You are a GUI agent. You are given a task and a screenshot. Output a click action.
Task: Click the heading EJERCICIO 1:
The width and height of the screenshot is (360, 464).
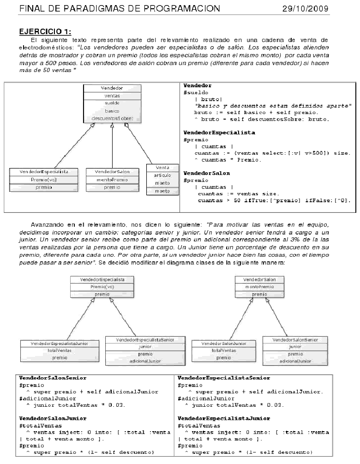pyautogui.click(x=45, y=31)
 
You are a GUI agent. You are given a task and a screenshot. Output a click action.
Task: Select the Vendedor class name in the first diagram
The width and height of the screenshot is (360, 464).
pyautogui.click(x=112, y=88)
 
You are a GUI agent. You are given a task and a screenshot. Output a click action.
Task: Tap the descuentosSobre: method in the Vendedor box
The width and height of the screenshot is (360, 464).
pyautogui.click(x=112, y=119)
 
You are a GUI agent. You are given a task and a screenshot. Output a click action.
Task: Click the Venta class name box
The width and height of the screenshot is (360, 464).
pyautogui.click(x=162, y=167)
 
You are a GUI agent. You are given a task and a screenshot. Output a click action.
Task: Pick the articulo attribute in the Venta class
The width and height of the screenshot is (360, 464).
pyautogui.click(x=162, y=175)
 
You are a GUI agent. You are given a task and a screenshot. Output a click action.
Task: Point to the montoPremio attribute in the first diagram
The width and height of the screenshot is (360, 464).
pyautogui.click(x=112, y=180)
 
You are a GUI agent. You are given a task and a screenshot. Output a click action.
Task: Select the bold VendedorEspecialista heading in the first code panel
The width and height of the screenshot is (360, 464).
pyautogui.click(x=219, y=133)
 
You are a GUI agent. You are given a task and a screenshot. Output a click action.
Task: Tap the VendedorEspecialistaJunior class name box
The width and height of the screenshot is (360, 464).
pyautogui.click(x=59, y=344)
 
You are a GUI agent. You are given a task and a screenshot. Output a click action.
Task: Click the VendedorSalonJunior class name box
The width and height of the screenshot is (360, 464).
pyautogui.click(x=224, y=344)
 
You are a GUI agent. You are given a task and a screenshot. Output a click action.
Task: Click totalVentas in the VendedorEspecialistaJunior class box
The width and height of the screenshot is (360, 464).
pyautogui.click(x=59, y=351)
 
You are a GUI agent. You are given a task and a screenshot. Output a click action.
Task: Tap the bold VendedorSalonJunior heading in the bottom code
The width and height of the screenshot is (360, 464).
pyautogui.click(x=53, y=418)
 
